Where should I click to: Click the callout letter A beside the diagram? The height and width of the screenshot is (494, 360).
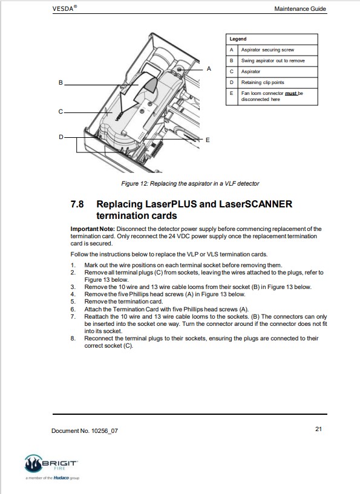(x=209, y=69)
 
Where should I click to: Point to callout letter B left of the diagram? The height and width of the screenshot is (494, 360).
(x=61, y=83)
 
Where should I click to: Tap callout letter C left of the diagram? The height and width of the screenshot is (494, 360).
(x=61, y=111)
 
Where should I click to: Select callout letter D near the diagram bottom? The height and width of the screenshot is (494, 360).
(x=61, y=137)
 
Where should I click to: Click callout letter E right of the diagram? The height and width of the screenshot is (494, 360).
(x=208, y=140)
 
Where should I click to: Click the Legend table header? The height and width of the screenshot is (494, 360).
(x=238, y=39)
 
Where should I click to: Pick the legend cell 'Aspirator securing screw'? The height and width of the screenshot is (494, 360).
(x=267, y=50)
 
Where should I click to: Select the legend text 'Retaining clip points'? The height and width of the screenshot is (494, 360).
(x=263, y=82)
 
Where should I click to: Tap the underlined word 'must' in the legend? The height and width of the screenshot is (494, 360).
(x=291, y=93)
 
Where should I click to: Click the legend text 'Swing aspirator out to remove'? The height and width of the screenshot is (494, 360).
(x=273, y=60)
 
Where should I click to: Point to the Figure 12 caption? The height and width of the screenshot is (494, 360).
(x=190, y=183)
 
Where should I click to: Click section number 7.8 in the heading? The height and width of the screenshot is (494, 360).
(x=77, y=204)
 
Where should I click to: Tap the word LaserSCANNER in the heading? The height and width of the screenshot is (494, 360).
(x=256, y=204)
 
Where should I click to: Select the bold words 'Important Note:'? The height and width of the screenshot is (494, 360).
(x=93, y=229)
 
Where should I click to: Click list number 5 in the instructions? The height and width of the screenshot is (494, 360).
(x=73, y=302)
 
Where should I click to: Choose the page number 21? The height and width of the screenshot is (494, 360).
(x=318, y=429)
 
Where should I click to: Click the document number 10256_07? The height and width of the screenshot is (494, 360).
(x=105, y=431)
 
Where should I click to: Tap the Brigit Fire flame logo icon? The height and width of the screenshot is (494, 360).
(x=33, y=463)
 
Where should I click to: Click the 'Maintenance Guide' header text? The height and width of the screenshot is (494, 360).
(x=300, y=9)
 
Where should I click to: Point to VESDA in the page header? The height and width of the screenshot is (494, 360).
(x=63, y=8)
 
